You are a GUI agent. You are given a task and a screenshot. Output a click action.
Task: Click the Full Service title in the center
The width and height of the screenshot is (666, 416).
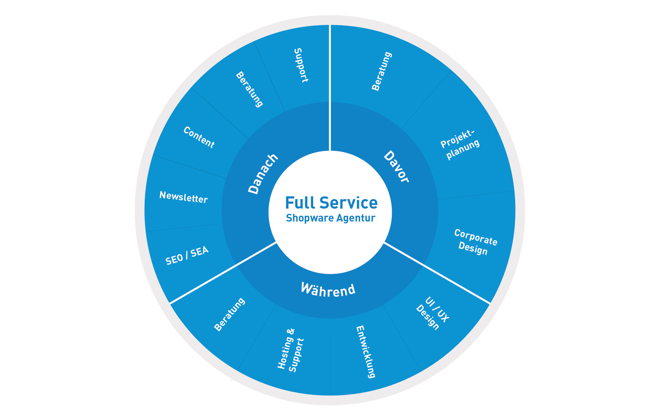pos(331,203)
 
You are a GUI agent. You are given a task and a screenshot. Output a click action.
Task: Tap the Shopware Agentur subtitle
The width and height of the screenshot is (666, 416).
pos(331,218)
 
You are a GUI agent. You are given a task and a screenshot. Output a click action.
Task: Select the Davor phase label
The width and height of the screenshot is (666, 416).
pos(396,167)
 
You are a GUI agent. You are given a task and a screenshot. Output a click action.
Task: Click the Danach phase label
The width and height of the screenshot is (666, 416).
pos(263,174)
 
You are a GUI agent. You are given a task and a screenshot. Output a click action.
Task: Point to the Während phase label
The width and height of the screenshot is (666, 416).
pos(328,290)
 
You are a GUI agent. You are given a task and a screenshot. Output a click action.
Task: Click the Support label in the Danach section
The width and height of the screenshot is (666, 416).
pos(301,65)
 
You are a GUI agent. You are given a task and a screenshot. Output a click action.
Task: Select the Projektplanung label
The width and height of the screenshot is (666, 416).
pos(460,145)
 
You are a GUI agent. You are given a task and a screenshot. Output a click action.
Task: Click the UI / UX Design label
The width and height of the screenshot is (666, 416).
pos(433,313)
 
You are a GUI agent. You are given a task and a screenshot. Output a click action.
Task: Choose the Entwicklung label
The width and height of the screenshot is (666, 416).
pos(366,352)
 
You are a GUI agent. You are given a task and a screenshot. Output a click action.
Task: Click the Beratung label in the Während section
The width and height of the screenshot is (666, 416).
pos(229,314)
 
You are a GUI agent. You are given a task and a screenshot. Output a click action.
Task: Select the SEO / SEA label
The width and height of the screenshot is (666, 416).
pos(187,256)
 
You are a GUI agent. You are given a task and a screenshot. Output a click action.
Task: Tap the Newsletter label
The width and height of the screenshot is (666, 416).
pos(184,197)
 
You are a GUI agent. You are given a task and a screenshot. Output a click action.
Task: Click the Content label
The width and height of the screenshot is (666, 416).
pos(199,137)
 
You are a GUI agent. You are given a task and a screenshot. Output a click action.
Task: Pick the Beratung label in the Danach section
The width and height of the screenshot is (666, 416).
pos(249,89)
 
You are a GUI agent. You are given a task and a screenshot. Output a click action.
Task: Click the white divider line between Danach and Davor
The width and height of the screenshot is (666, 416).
pos(329,88)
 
